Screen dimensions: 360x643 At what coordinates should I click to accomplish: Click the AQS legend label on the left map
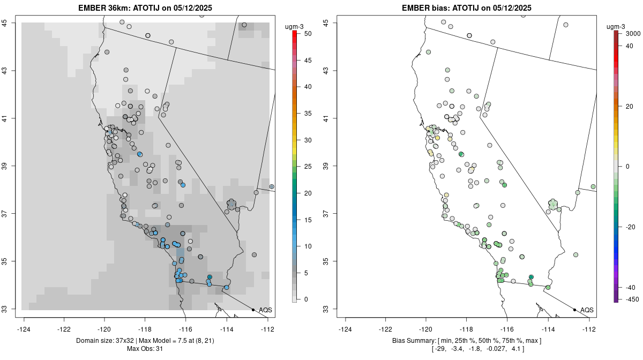[x=265, y=310]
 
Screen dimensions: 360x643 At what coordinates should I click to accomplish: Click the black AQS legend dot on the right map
[x=574, y=310]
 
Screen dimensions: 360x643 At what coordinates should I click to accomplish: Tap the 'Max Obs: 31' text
[x=145, y=349]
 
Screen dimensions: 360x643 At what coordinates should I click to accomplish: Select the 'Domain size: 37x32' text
[x=104, y=341]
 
